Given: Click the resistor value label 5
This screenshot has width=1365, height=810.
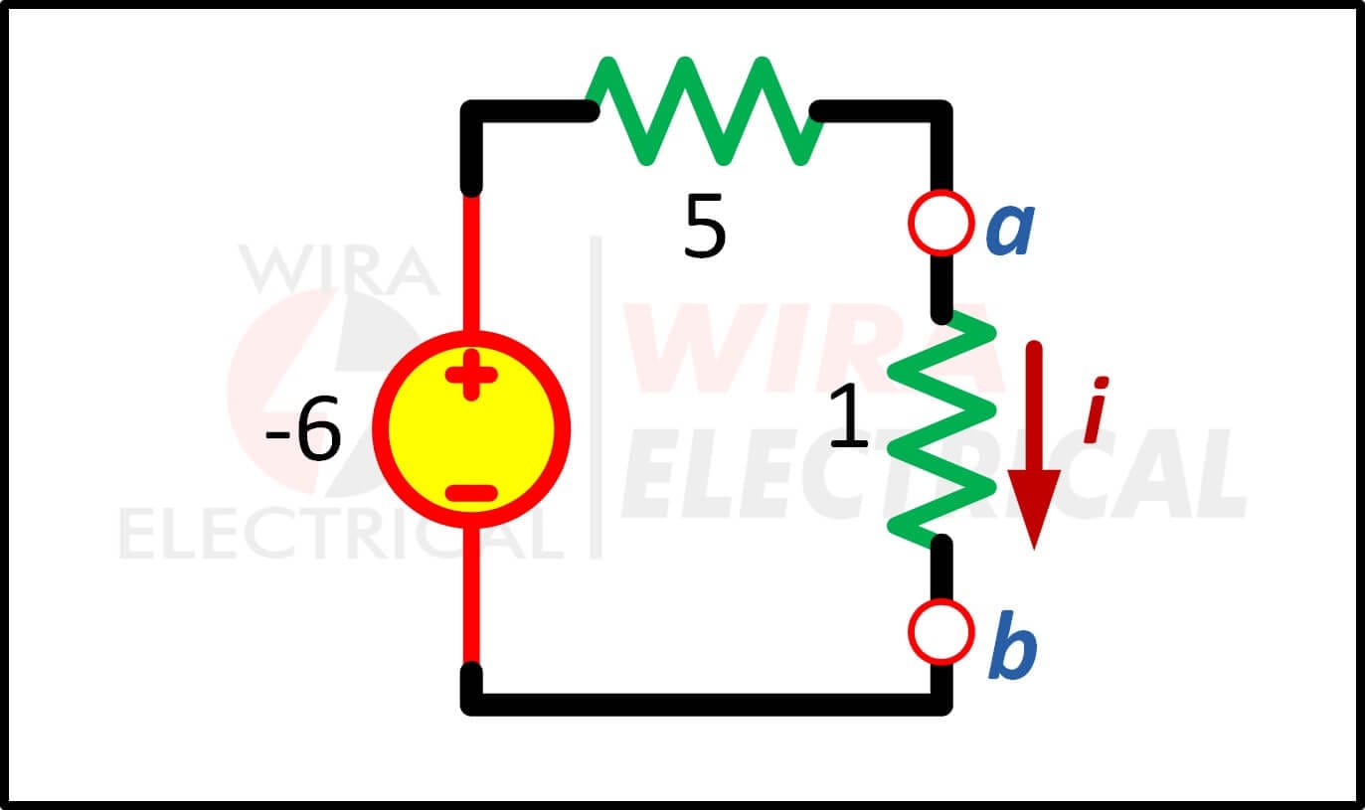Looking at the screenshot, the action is pos(705,226).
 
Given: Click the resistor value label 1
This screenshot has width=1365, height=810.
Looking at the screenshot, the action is pos(849,416).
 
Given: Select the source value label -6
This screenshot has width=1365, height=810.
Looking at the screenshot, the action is pos(303,428).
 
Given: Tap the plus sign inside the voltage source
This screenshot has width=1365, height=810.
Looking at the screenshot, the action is pos(471,375).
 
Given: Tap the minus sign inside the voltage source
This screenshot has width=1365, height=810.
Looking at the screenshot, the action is pos(471,492).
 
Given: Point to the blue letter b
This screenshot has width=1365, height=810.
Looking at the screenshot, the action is pos(1012,646).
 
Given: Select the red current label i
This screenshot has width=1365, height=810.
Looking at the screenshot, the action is pos(1096,410).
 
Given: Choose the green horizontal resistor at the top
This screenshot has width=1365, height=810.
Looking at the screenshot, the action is pos(704,111).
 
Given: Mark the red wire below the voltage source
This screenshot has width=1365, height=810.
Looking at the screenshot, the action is pos(471,595).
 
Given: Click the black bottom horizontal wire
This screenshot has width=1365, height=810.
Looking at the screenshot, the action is pos(707,704).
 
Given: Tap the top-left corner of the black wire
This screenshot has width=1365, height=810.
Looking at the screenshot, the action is pos(471,111).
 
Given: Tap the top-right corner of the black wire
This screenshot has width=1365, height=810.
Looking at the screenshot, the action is pos(942,111).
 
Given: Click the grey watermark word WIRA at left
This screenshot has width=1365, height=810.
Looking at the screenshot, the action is pos(339,269).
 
